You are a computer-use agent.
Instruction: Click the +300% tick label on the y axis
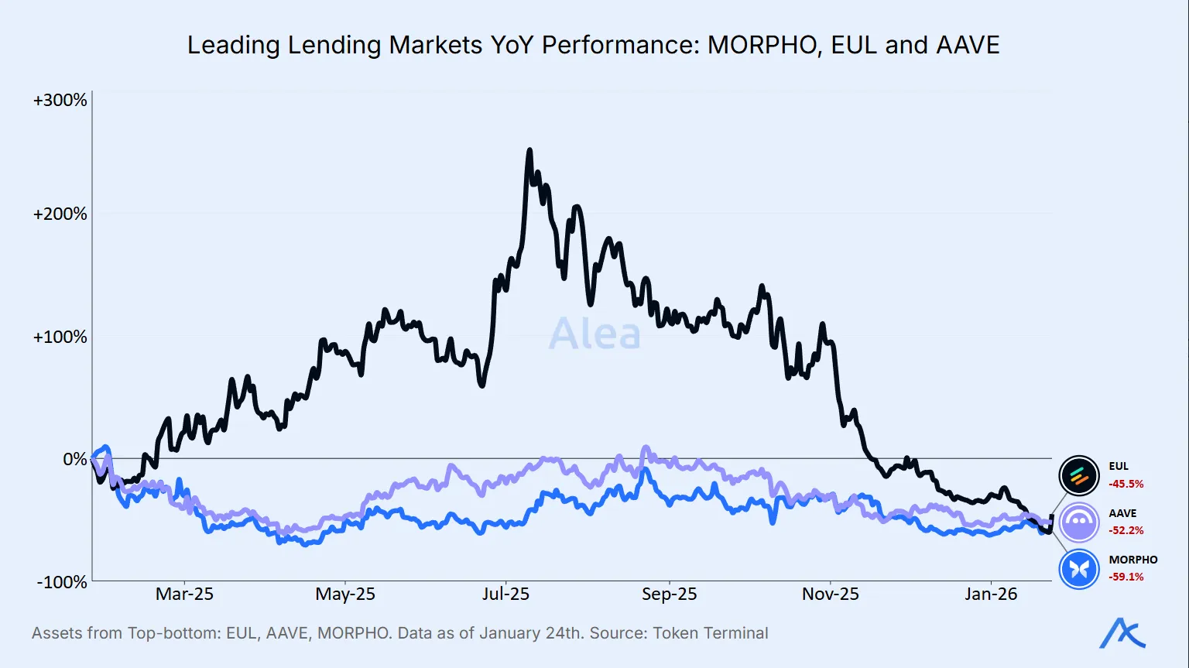60,101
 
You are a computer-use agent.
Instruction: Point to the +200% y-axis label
60,214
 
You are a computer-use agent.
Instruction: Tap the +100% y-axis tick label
60,337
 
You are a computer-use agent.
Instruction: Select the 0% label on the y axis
75,460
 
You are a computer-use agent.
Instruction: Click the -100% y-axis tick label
62,582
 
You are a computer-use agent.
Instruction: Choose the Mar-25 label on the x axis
184,594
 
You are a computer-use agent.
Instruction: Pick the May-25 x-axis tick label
345,594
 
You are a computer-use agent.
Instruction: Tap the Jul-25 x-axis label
505,594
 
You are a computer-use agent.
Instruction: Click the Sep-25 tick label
669,594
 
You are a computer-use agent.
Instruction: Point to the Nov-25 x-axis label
831,594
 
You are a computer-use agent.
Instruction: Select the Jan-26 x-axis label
991,594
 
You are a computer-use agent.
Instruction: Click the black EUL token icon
1079,475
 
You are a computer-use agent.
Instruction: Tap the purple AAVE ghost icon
1079,522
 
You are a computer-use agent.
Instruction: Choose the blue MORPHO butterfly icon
1079,569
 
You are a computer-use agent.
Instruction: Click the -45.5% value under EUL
1126,485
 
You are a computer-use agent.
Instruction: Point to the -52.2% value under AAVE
1126,531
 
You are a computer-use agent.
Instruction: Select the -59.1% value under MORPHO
1126,577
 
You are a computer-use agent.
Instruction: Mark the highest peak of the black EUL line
529,150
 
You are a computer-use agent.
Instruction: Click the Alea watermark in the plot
594,334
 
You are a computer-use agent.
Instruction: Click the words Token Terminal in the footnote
711,633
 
